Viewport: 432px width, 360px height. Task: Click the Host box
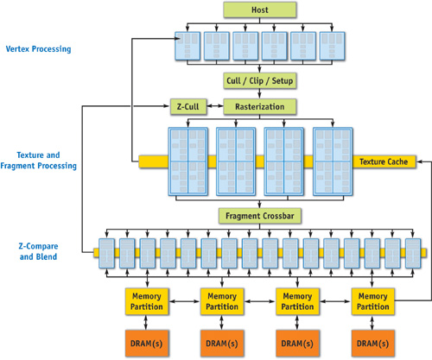coord(260,9)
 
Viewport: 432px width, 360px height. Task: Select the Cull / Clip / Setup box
coord(260,81)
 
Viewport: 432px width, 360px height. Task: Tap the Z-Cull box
coord(188,107)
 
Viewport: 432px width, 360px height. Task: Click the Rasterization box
coord(260,107)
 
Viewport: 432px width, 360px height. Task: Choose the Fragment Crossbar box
coord(260,216)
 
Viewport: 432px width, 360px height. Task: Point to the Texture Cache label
coord(384,161)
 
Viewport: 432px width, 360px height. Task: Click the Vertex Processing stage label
coord(38,49)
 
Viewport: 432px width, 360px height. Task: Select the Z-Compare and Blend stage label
coord(38,251)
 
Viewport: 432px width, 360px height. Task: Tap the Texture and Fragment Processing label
coord(38,161)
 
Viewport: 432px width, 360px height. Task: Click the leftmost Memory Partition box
coord(147,301)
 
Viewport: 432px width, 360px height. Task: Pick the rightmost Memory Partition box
coord(373,301)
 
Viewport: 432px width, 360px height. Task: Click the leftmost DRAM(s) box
coord(147,344)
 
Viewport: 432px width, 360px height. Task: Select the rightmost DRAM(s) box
coord(373,344)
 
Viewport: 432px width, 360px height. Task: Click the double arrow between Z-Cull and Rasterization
coord(215,106)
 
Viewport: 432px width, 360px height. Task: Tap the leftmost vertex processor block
coord(187,46)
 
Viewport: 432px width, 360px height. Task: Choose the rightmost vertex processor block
coord(332,46)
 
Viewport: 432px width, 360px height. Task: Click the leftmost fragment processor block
coord(188,161)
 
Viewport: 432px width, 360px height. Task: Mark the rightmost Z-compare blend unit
coord(413,253)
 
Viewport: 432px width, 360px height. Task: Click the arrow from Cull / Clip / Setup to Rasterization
coord(259,94)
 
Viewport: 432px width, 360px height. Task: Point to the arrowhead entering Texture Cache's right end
coord(419,161)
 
